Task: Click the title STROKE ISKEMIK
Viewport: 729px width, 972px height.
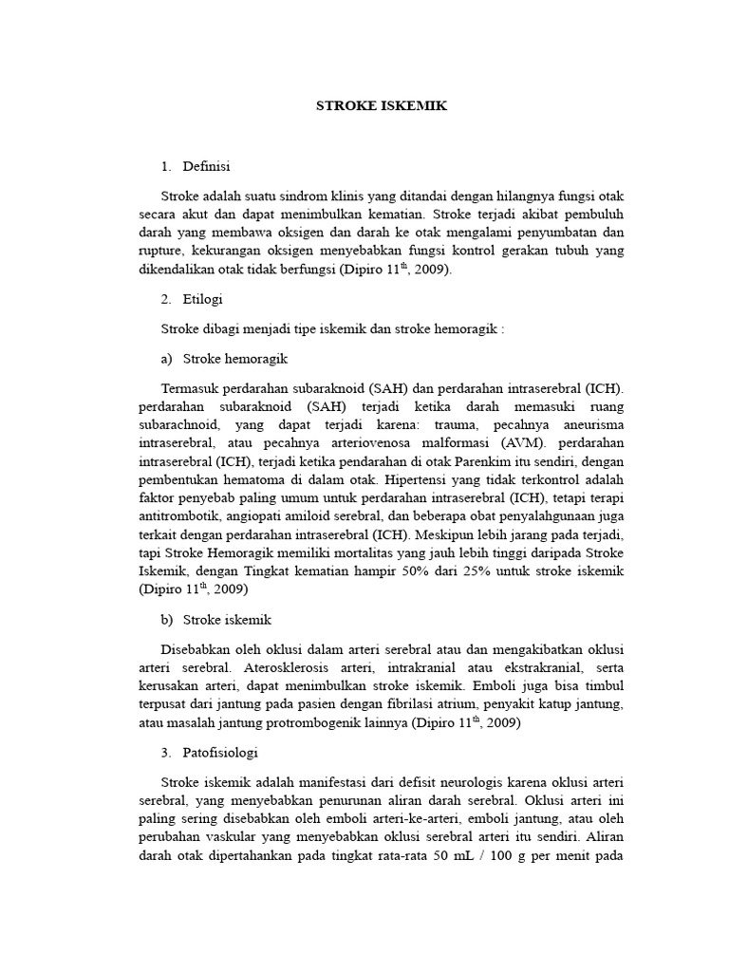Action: pos(381,106)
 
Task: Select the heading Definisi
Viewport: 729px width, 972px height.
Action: pos(205,166)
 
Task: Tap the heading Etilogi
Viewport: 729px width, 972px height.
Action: pos(202,299)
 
